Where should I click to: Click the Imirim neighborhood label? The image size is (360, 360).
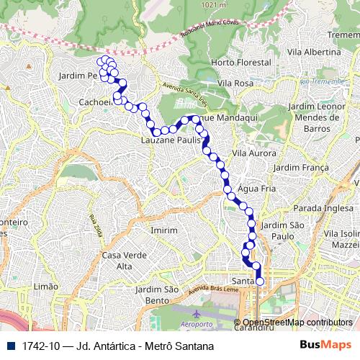click(164, 230)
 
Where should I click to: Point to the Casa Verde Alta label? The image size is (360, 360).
click(118, 261)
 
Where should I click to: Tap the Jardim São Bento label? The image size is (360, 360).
click(156, 294)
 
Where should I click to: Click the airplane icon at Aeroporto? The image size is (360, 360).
click(197, 314)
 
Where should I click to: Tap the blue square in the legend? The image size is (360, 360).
click(12, 346)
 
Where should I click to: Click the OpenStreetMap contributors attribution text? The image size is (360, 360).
click(297, 323)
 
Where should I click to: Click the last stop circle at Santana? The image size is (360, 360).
click(260, 282)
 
